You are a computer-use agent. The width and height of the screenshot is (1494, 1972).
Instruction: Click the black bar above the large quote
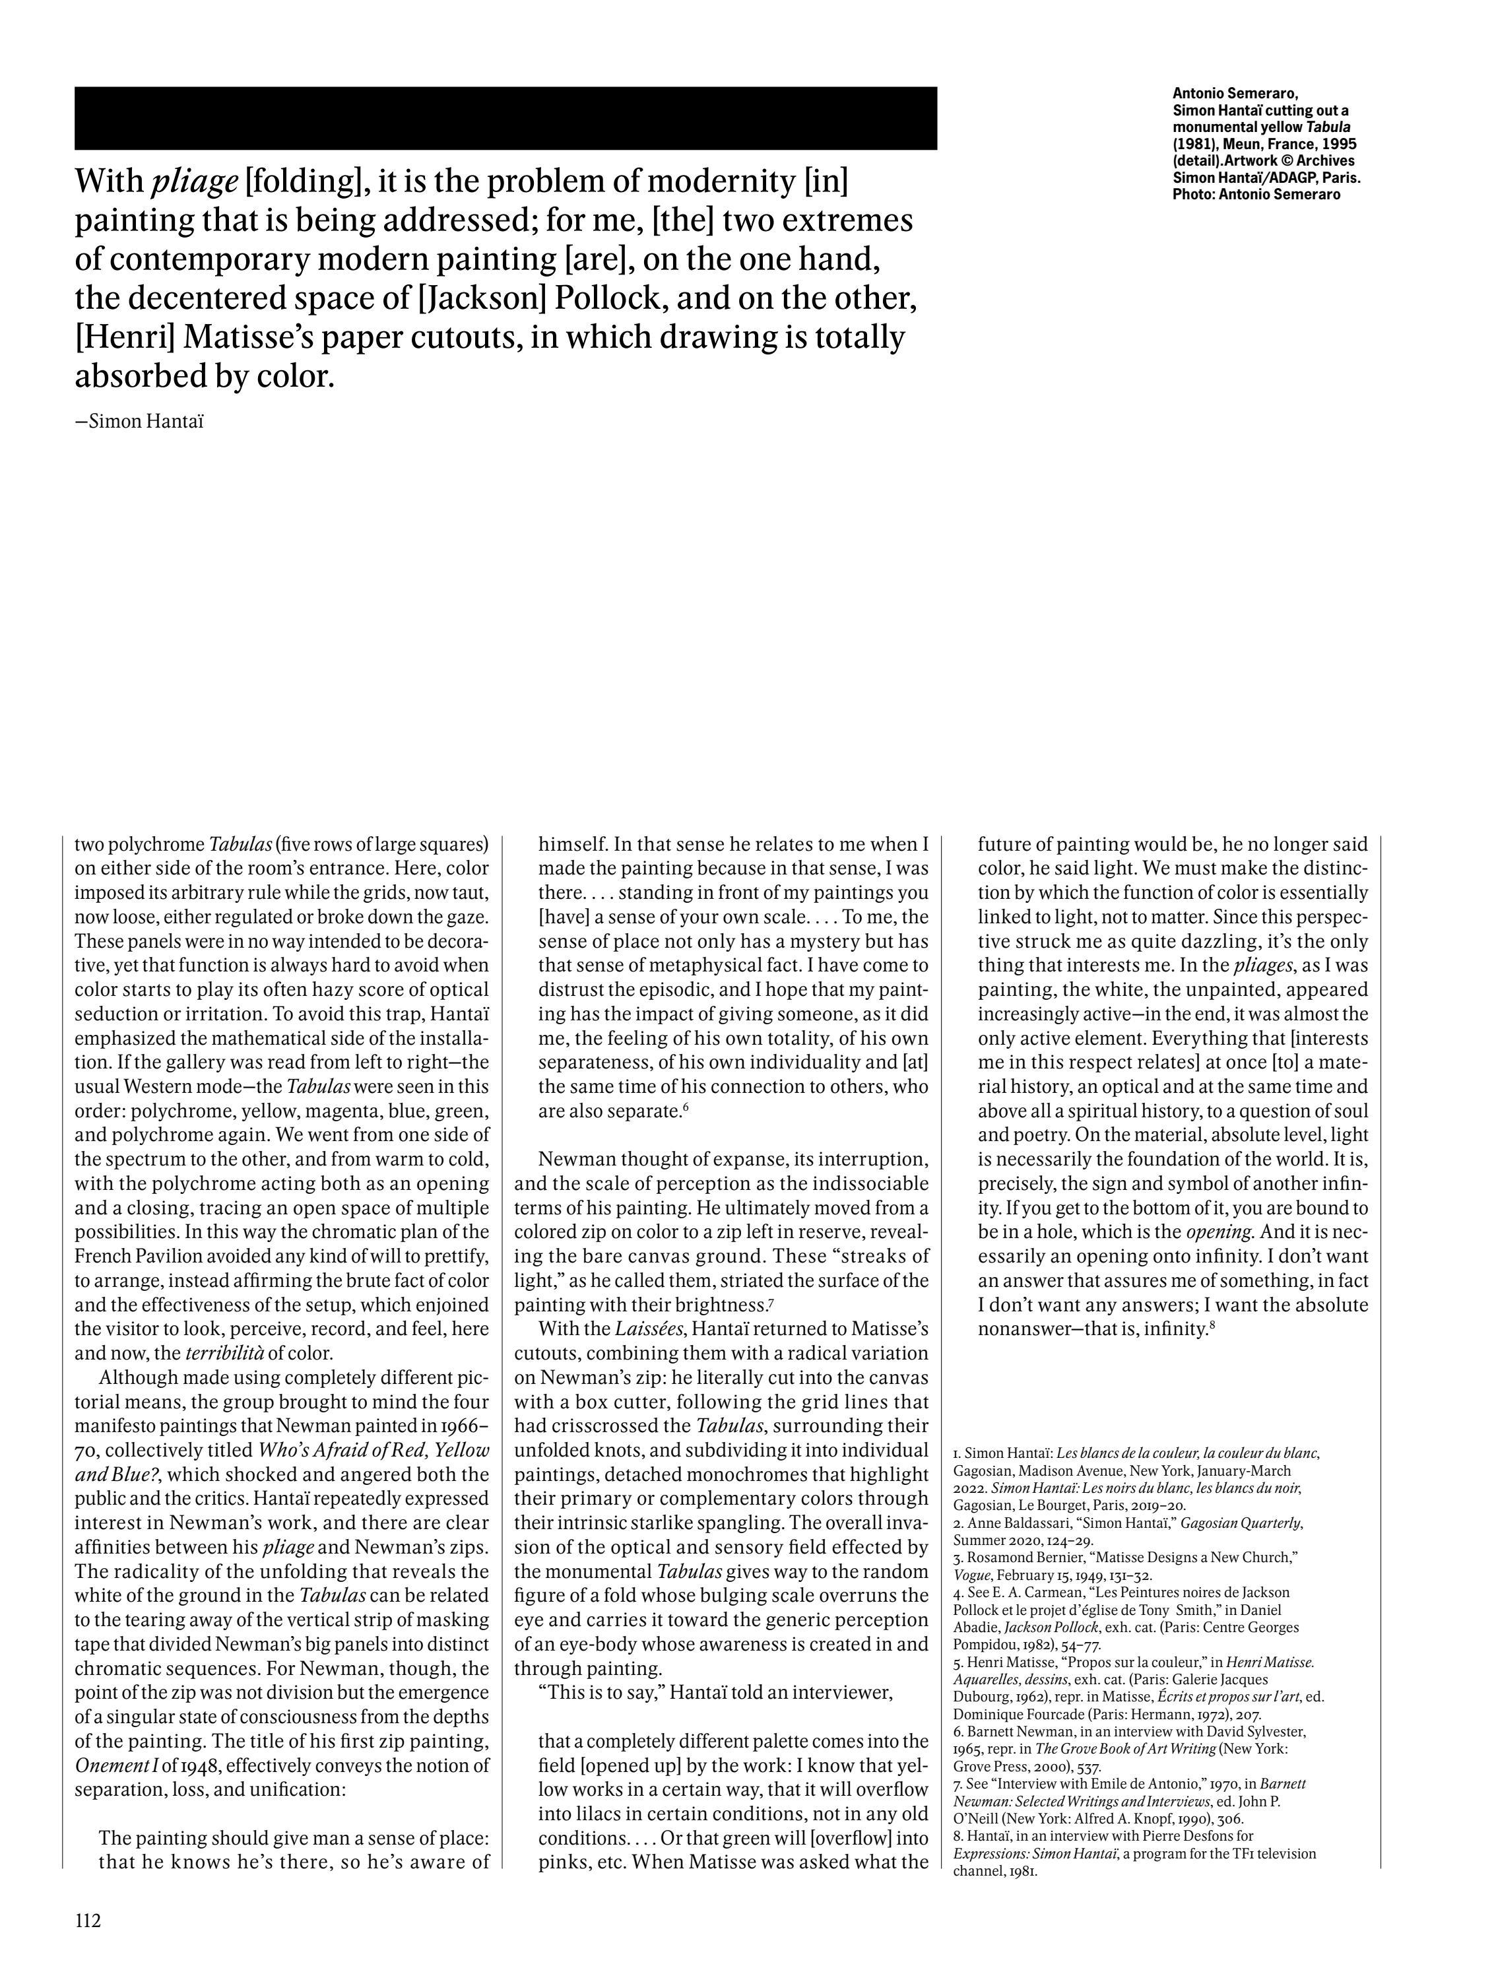click(505, 117)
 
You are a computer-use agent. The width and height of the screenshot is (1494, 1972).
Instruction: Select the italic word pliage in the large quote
click(195, 182)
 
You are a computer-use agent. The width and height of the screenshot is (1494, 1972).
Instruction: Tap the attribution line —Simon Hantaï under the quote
click(139, 422)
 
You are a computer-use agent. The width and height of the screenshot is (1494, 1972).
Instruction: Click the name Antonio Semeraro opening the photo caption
click(1235, 92)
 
